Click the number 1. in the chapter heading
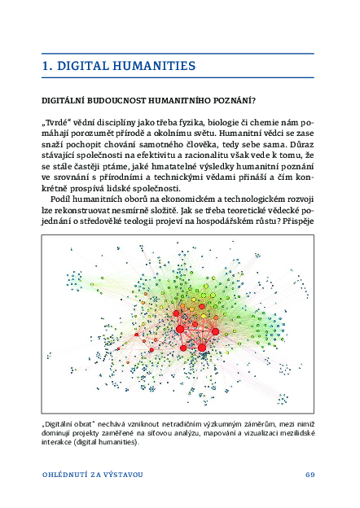tap(48, 66)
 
